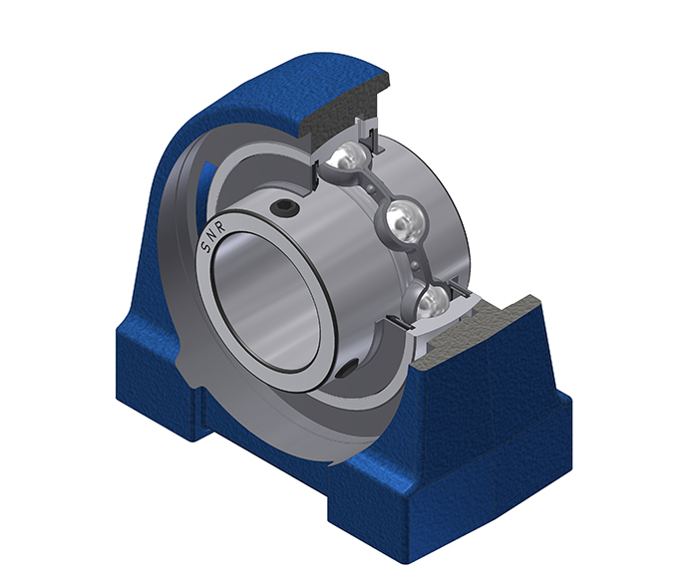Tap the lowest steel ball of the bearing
[429, 303]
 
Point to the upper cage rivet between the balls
[372, 189]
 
